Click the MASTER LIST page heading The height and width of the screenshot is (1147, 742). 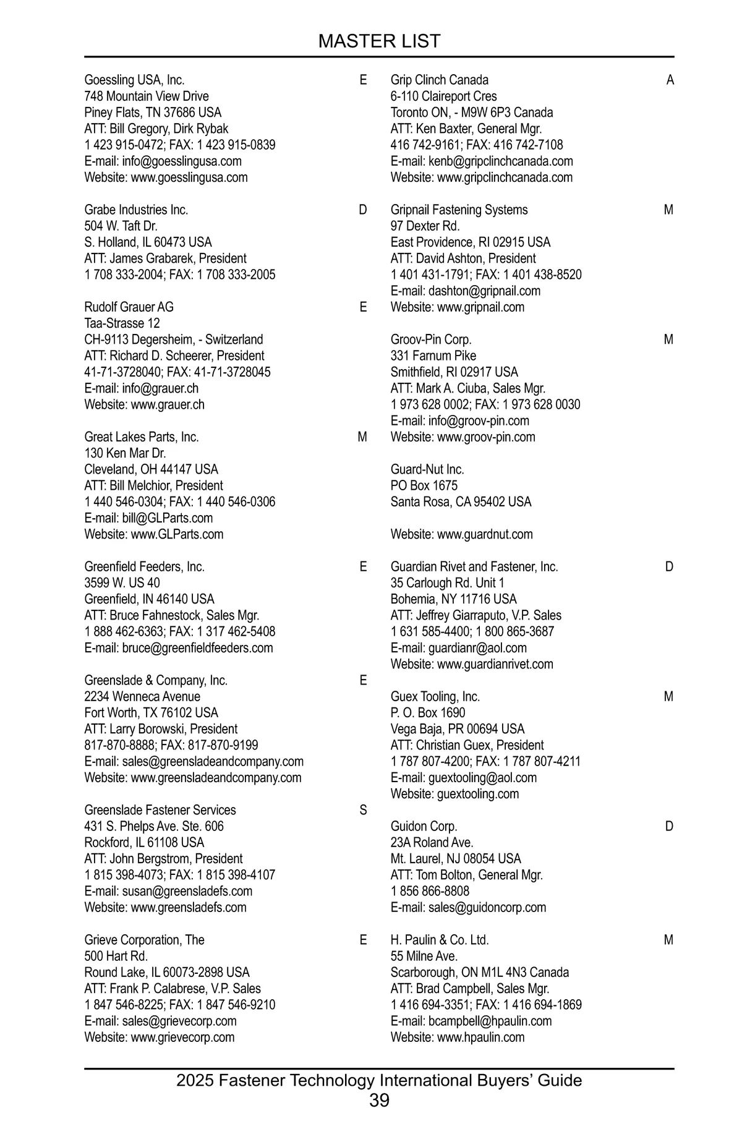[379, 41]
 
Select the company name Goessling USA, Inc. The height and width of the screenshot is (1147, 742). [134, 80]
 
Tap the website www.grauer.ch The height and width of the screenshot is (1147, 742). [168, 404]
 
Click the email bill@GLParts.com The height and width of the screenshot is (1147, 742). [168, 518]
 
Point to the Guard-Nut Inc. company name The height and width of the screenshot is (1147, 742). [427, 469]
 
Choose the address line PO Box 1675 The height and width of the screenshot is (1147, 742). [424, 485]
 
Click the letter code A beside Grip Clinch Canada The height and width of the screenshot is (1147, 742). [670, 80]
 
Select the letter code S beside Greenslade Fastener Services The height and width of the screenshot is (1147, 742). [363, 810]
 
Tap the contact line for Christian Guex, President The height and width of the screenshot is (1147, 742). [467, 745]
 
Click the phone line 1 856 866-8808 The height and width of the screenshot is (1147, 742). [430, 891]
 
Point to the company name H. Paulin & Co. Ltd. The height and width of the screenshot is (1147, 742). [440, 940]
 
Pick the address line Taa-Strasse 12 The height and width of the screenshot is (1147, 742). [122, 323]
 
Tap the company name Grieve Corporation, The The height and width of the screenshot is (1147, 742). [144, 940]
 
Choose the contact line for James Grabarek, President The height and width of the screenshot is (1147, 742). [165, 258]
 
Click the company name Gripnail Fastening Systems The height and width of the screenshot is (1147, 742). [459, 210]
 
